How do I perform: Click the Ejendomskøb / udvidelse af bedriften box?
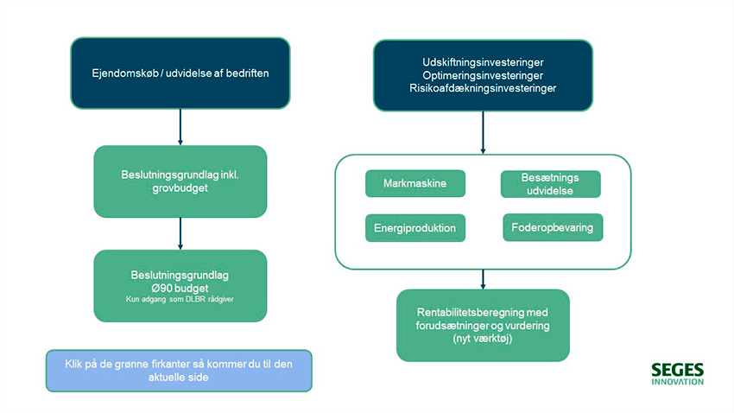click(180, 74)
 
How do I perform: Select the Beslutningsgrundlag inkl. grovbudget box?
click(180, 181)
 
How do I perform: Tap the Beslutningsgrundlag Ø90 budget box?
click(180, 285)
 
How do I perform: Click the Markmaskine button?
click(414, 183)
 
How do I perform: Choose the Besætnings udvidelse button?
click(550, 184)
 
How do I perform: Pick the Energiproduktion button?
click(414, 228)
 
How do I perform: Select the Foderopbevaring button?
click(552, 227)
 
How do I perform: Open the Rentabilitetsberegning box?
click(483, 325)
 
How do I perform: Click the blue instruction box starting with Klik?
click(179, 371)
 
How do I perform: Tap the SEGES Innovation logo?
click(677, 373)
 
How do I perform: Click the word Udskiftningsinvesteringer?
click(483, 62)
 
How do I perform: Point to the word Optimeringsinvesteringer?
click(483, 75)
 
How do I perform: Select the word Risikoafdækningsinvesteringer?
click(483, 88)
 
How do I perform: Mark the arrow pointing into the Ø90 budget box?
click(180, 232)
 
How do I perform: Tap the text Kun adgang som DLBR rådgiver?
click(180, 299)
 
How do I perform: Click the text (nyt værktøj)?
click(483, 340)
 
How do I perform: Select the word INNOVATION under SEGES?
click(677, 381)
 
